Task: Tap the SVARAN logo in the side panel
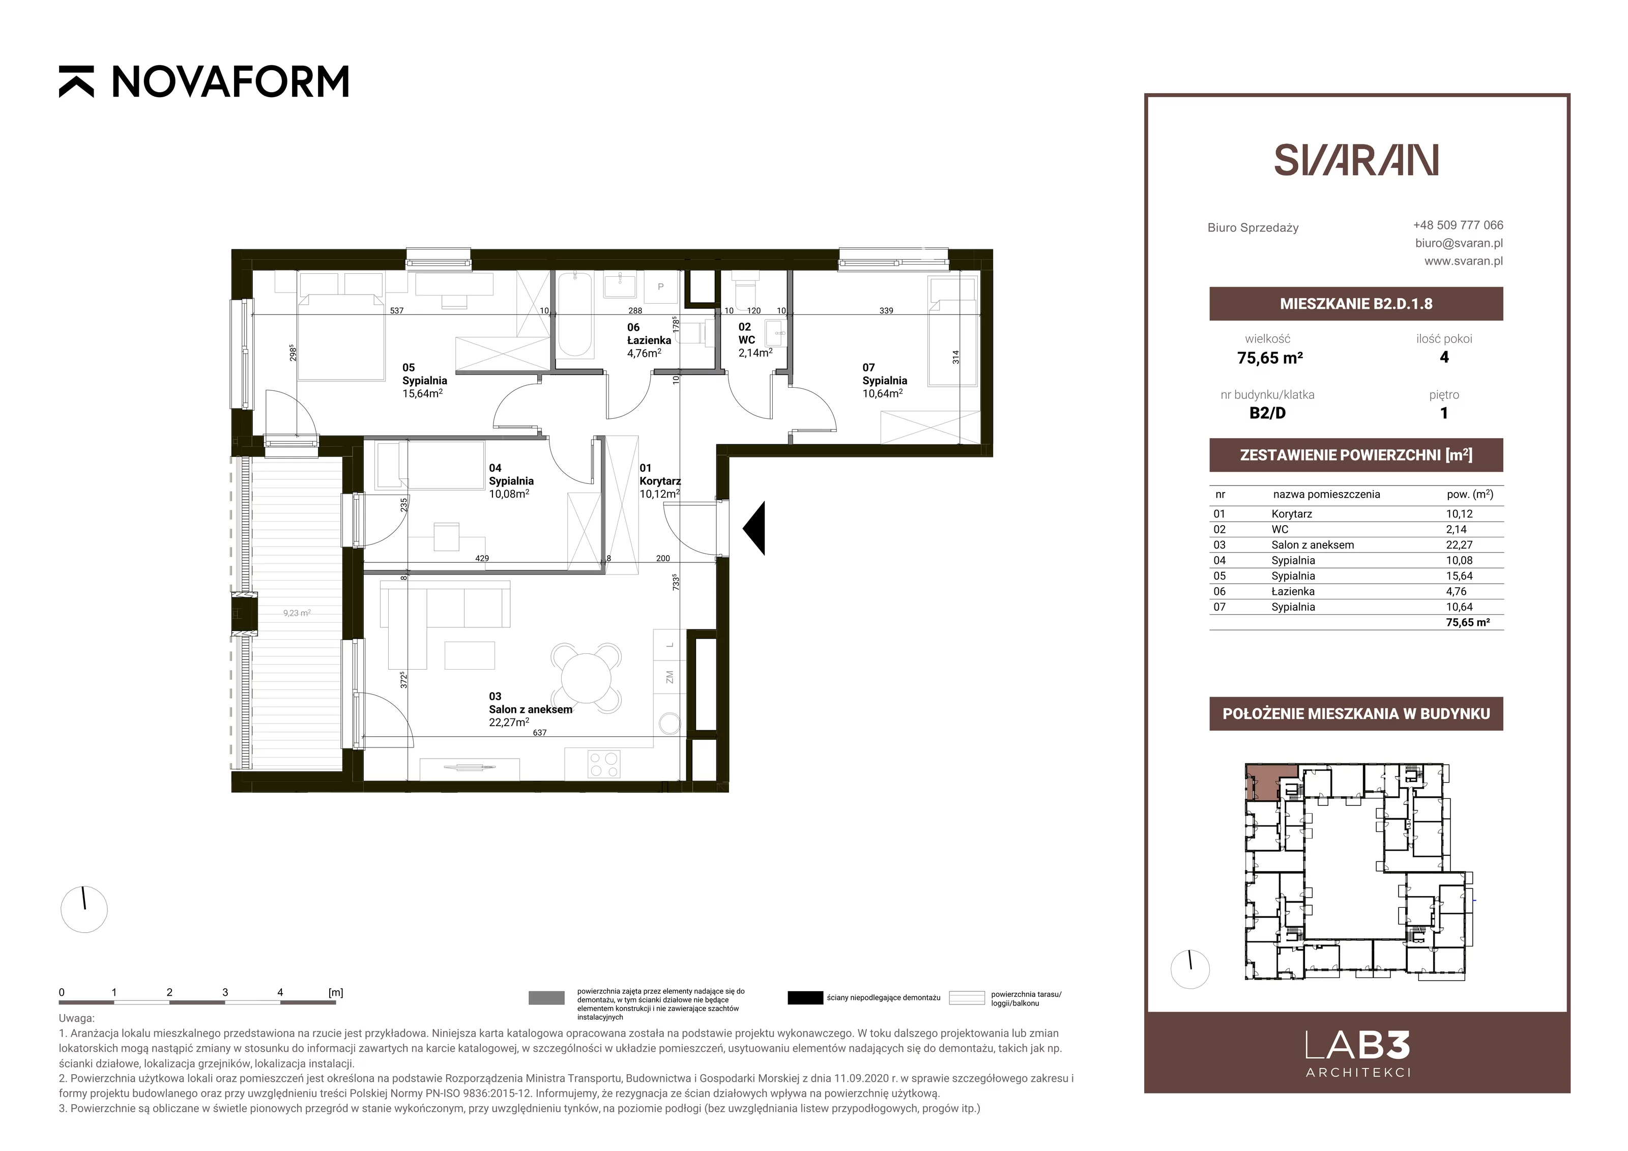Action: (x=1356, y=160)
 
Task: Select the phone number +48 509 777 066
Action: (x=1458, y=225)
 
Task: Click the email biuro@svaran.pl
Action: (x=1459, y=243)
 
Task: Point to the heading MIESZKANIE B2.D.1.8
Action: (x=1356, y=304)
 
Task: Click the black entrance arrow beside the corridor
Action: (x=754, y=528)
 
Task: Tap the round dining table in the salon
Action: (x=586, y=678)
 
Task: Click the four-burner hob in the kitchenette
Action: (x=603, y=764)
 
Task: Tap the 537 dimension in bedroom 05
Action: (x=397, y=310)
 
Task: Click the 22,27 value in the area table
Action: (x=1459, y=544)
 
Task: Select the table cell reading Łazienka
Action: (x=1293, y=591)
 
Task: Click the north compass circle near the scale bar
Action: (x=84, y=909)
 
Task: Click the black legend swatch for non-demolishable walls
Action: (x=805, y=998)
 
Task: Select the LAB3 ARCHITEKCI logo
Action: (x=1357, y=1054)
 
